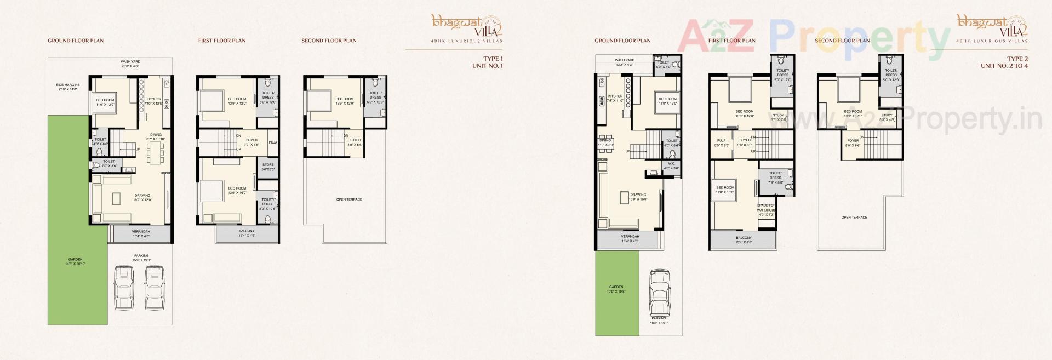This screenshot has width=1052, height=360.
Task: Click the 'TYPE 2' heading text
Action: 1017,59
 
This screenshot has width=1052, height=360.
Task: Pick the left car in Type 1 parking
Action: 124,289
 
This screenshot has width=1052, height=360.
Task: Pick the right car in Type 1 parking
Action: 155,289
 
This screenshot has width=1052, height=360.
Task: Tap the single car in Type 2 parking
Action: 659,292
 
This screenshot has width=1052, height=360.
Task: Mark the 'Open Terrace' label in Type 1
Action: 349,199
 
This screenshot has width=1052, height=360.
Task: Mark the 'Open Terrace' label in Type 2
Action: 854,218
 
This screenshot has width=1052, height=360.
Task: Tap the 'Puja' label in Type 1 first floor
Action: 272,142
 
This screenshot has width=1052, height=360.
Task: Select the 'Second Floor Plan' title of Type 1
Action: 329,41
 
